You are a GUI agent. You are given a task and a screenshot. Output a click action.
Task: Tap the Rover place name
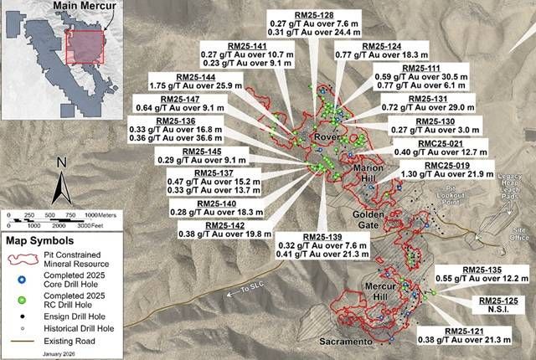click(325, 136)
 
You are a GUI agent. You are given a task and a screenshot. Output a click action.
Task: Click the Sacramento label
click(345, 342)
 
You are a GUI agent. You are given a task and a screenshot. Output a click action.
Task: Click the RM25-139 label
click(300, 238)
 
